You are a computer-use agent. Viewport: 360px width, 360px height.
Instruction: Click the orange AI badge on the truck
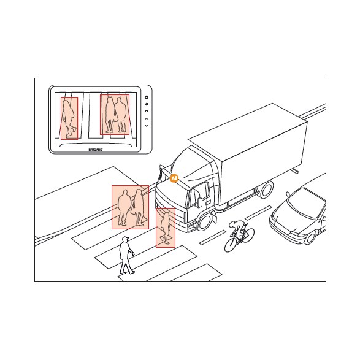[x=174, y=178]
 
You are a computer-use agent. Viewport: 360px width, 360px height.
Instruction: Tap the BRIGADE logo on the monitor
[x=96, y=150]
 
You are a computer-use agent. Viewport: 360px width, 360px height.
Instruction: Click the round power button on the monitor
[x=147, y=98]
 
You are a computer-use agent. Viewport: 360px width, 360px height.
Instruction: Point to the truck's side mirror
[x=200, y=202]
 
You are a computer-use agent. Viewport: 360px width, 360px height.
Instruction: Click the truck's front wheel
[x=205, y=222]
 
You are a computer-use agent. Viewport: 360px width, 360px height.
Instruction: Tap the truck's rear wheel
[x=266, y=190]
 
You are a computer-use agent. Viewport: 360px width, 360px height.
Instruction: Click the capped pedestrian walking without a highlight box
[x=126, y=255]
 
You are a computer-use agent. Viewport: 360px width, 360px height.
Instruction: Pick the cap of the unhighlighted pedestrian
[x=125, y=238]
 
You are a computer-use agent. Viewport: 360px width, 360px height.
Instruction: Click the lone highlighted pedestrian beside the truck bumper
[x=166, y=228]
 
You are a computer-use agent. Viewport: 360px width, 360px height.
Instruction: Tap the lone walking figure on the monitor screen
[x=69, y=118]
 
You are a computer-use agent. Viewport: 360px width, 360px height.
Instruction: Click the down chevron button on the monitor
[x=147, y=126]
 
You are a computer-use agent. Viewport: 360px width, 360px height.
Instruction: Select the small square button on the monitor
[x=147, y=112]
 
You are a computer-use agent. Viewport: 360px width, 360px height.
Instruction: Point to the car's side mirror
[x=288, y=194]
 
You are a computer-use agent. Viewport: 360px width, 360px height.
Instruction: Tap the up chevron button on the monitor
[x=147, y=119]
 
